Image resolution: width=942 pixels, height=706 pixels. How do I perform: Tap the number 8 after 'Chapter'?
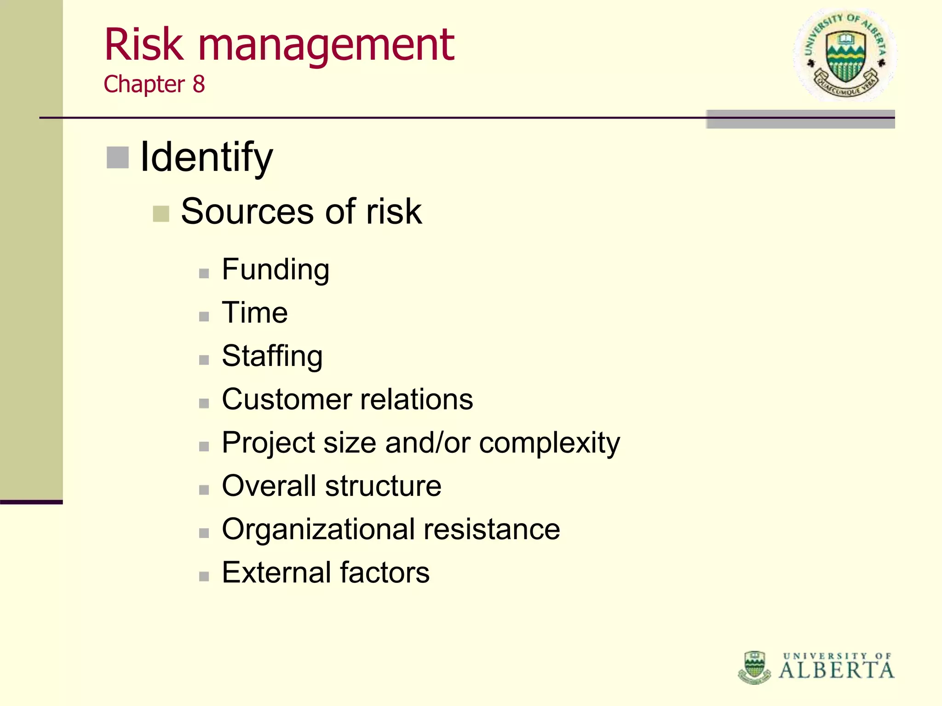199,85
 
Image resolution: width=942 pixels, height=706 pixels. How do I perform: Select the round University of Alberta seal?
845,55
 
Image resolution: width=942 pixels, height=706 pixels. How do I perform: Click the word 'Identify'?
207,158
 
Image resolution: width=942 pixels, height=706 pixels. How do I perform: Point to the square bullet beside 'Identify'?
118,158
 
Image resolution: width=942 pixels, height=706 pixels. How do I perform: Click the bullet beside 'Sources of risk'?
161,213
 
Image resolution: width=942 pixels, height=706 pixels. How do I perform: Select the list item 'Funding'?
276,270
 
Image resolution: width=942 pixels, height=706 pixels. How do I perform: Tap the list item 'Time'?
255,313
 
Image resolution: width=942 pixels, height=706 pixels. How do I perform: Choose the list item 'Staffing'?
272,357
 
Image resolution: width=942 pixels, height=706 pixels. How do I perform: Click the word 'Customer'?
286,399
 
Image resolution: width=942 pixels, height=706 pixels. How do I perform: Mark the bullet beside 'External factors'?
204,576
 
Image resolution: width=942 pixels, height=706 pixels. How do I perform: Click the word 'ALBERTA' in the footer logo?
837,670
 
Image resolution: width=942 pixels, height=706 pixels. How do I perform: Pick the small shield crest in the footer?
754,667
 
